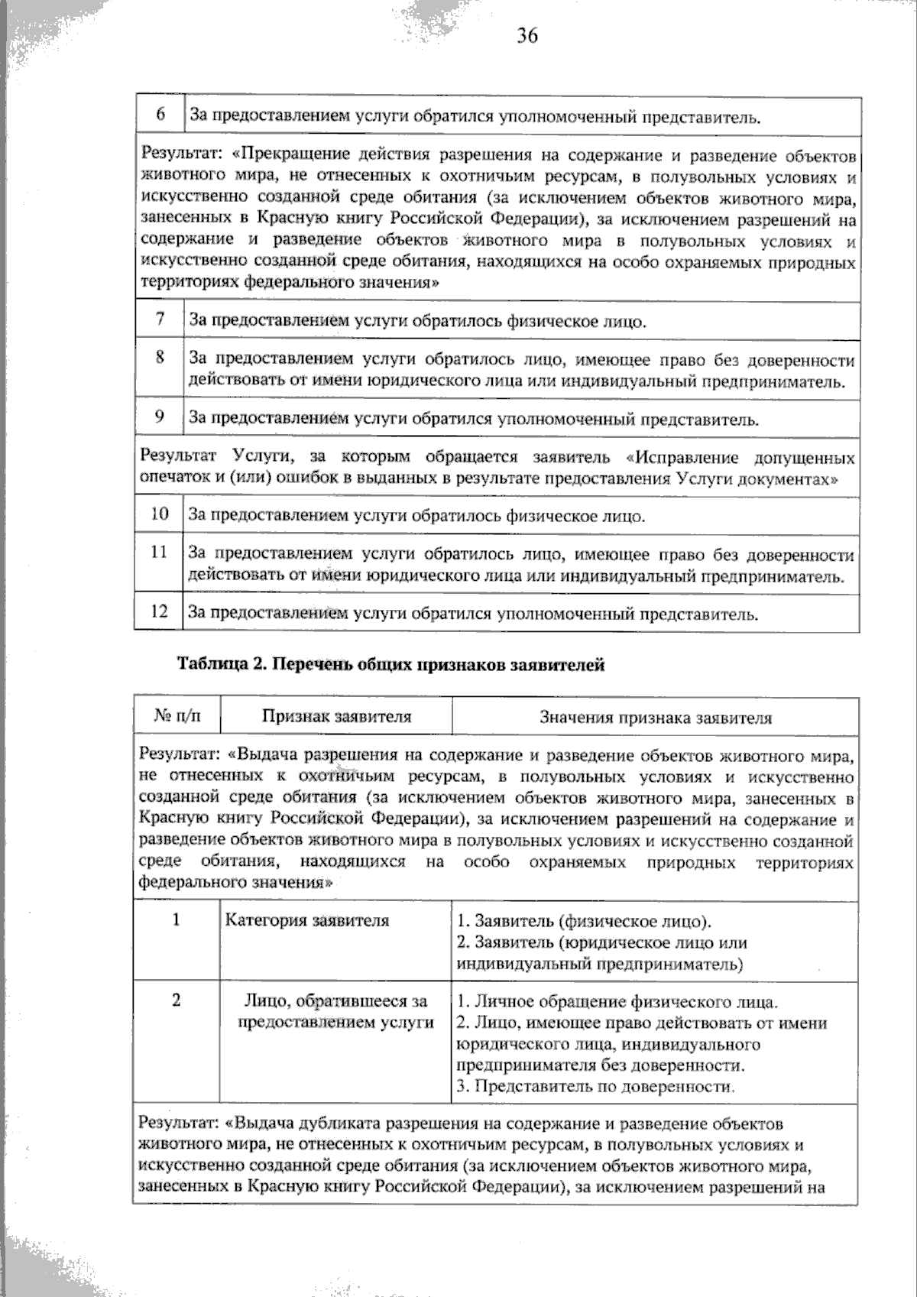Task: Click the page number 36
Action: [x=527, y=36]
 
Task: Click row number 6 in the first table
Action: [x=160, y=115]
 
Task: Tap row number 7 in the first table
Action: [x=160, y=319]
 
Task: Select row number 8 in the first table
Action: [x=160, y=357]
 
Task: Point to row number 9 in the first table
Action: [x=160, y=417]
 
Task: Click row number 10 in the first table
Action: [x=160, y=514]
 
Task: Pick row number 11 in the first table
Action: [x=160, y=552]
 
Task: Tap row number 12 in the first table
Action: [x=160, y=611]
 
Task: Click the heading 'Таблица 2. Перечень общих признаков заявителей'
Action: [x=391, y=665]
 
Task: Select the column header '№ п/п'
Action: [x=177, y=716]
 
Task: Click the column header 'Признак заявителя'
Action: [x=336, y=717]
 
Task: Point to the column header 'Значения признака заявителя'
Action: [x=655, y=718]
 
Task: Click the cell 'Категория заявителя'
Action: [x=307, y=920]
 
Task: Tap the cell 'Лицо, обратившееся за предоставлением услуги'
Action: [x=335, y=1011]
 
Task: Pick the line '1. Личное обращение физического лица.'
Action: [x=617, y=1002]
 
